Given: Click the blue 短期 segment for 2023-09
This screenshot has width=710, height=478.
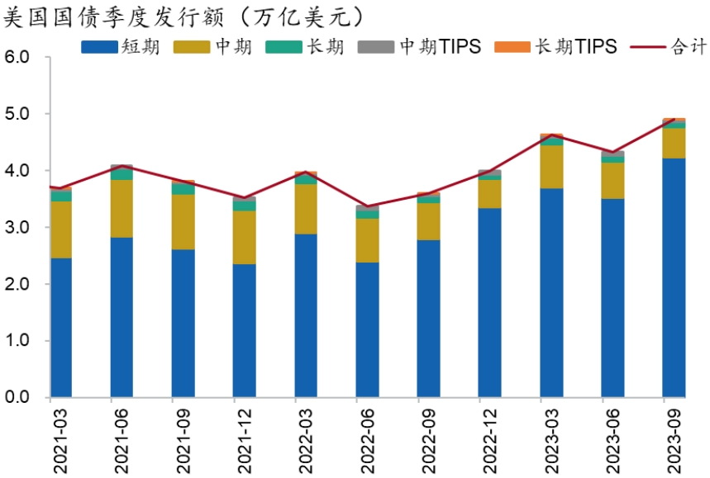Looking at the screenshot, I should point(674,277).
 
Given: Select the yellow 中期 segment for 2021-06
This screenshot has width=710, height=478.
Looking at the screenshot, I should point(122,208).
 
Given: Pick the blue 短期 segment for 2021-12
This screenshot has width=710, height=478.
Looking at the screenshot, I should point(244,330).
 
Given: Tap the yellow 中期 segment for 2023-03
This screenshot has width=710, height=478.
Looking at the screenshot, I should point(551,167).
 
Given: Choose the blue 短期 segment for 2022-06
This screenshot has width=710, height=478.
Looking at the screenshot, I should point(366,329).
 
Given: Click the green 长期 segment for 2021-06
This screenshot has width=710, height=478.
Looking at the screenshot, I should point(122,174).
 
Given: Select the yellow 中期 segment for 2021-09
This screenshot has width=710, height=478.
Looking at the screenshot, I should point(183,221).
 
